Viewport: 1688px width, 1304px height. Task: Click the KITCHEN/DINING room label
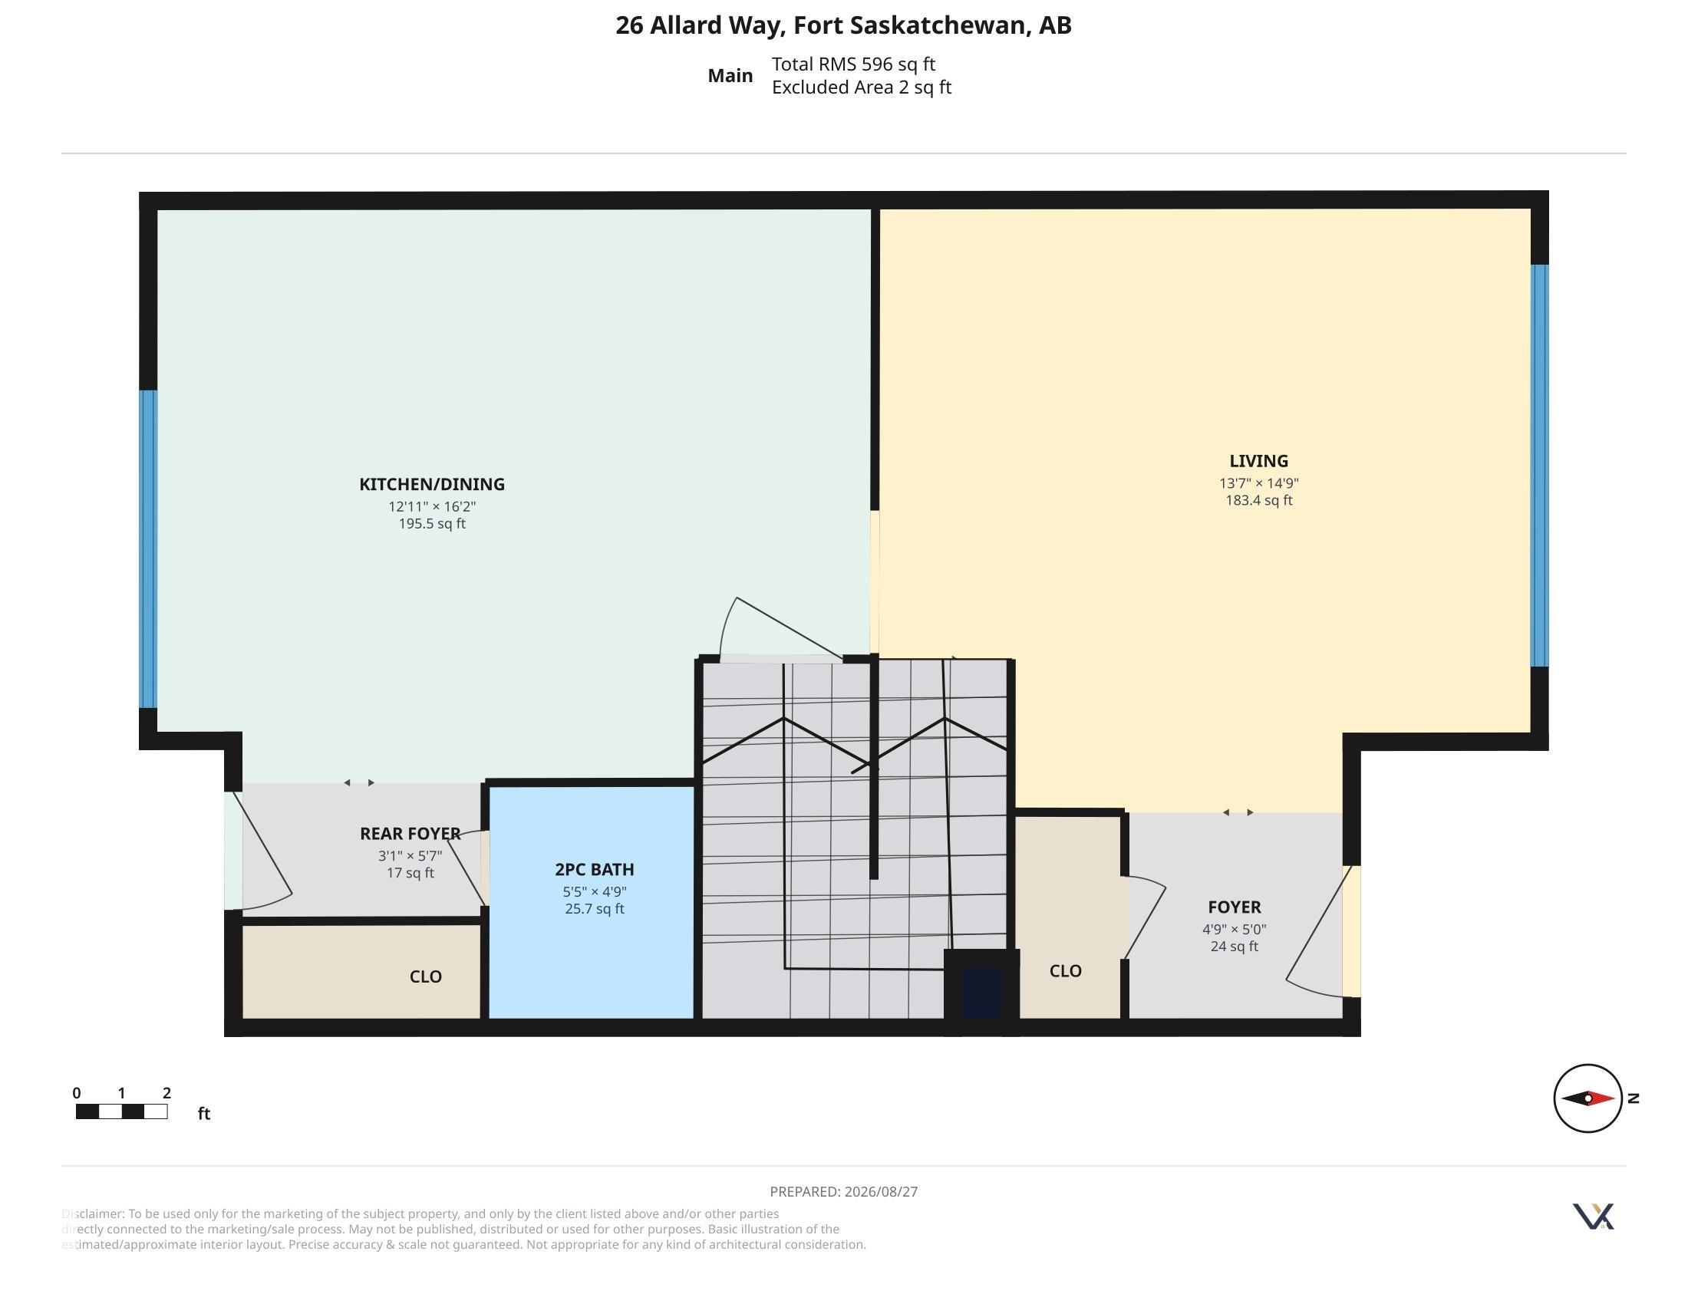(431, 484)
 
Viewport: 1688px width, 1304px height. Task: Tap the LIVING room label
(1258, 461)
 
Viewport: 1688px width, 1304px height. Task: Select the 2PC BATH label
(595, 869)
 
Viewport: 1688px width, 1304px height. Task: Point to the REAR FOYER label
(410, 834)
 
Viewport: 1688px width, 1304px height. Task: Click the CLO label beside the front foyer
(1065, 971)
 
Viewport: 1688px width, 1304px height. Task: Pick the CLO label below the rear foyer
(425, 976)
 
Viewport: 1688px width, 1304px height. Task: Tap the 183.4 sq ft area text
(1258, 501)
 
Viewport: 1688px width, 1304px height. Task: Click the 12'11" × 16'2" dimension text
(431, 507)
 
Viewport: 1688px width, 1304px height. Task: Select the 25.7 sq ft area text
(595, 909)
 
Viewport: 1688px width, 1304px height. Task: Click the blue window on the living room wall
(1539, 466)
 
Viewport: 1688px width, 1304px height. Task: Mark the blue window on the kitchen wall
(147, 549)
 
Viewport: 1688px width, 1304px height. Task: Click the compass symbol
(1588, 1098)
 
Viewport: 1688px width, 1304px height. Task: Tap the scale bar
(121, 1111)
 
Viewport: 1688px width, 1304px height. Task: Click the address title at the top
(843, 25)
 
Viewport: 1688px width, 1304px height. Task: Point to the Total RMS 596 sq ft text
(853, 64)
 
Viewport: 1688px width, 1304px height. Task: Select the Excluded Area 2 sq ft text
(861, 87)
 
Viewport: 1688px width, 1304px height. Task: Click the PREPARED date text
(843, 1191)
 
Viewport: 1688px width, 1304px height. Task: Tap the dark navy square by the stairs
(981, 992)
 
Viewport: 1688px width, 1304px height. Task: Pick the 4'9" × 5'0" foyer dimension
(1234, 930)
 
